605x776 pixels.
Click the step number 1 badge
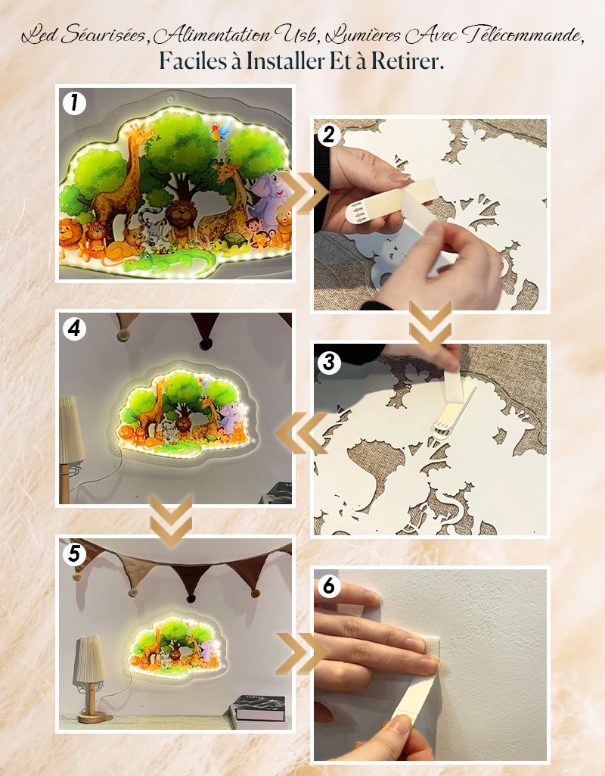pyautogui.click(x=74, y=104)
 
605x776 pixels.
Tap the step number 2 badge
pyautogui.click(x=329, y=135)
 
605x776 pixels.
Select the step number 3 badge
pyautogui.click(x=329, y=363)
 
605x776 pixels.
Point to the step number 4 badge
pyautogui.click(x=74, y=328)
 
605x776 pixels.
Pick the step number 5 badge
pyautogui.click(x=74, y=553)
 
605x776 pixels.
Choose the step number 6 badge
pyautogui.click(x=329, y=586)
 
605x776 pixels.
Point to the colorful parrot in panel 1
pyautogui.click(x=219, y=132)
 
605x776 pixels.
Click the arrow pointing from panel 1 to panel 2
pyautogui.click(x=302, y=193)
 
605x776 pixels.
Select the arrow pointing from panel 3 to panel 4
pyautogui.click(x=302, y=433)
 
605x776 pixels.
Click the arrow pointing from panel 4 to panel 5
pyautogui.click(x=171, y=520)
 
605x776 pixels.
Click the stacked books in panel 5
pyautogui.click(x=259, y=712)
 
